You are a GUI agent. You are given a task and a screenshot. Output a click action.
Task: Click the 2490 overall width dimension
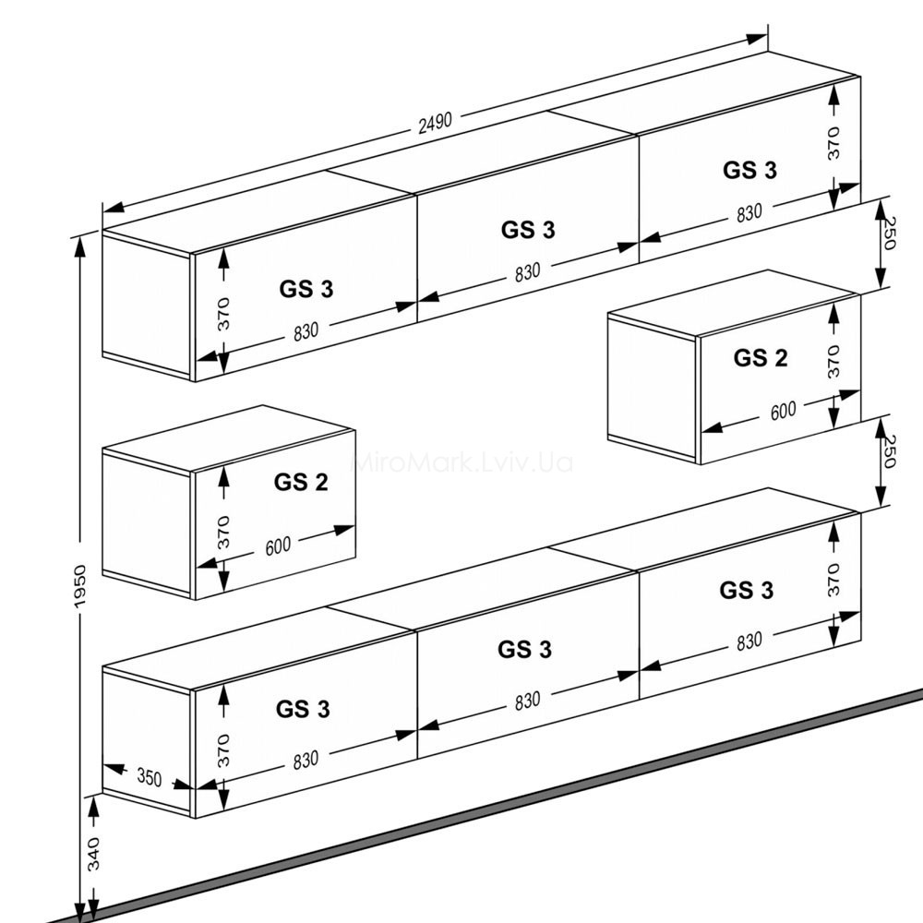click(435, 123)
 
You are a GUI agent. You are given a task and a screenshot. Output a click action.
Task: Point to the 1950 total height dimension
click(79, 586)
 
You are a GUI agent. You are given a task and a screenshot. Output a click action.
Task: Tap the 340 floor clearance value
click(93, 854)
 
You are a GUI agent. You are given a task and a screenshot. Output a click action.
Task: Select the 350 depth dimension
click(149, 777)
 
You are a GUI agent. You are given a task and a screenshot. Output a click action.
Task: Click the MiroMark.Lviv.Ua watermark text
click(461, 462)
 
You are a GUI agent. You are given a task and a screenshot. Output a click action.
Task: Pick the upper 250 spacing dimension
click(888, 234)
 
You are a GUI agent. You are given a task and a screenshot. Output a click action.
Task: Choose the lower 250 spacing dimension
click(888, 451)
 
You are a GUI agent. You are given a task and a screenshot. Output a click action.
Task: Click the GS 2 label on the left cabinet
click(301, 482)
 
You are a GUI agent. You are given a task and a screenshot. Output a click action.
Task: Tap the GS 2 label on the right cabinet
click(761, 358)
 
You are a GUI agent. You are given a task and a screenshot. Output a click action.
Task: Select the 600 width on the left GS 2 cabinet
click(278, 546)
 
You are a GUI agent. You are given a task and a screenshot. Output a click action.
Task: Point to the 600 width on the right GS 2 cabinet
click(783, 411)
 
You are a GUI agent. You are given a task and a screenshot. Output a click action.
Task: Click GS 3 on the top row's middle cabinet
click(528, 230)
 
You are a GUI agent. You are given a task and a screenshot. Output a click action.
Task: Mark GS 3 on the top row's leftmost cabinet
click(306, 289)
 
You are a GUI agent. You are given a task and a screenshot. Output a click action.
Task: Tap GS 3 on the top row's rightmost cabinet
click(749, 170)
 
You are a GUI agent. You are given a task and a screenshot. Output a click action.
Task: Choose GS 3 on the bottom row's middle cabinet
click(524, 649)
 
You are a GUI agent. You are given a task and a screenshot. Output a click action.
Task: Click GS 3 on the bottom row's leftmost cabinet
click(303, 709)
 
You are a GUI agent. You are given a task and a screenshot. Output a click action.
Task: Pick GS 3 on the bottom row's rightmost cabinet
click(747, 590)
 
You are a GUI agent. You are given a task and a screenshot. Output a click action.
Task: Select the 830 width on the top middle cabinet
click(527, 272)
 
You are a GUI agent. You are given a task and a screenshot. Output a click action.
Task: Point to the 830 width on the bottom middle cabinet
click(527, 701)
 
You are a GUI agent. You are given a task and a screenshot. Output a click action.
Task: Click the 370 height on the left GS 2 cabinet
click(223, 533)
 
